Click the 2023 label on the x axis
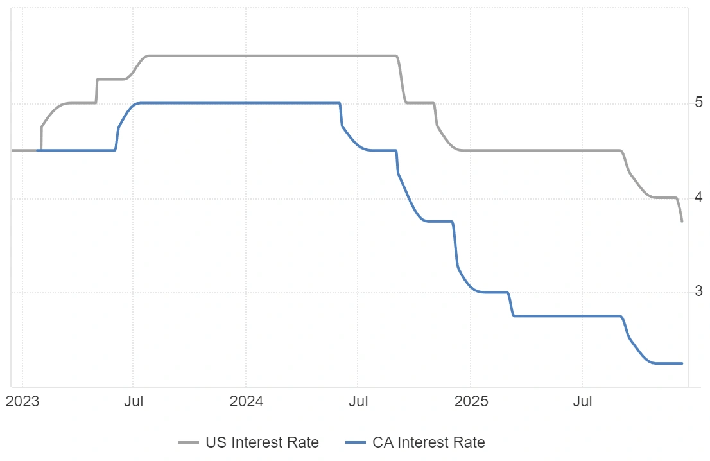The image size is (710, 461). tap(22, 403)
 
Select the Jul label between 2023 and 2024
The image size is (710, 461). tap(133, 403)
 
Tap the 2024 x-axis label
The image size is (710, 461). tap(246, 403)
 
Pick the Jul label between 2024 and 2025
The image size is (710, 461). tap(358, 403)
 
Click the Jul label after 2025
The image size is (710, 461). tap(582, 403)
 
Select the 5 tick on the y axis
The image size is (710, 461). tap(699, 103)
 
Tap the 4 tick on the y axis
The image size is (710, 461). tap(699, 198)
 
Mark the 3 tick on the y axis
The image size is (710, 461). tap(699, 292)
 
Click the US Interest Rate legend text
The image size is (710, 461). tap(262, 442)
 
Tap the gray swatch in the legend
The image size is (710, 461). tap(189, 442)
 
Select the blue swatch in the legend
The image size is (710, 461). tap(356, 442)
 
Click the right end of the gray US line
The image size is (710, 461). tap(682, 221)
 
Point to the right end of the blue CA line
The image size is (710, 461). tap(682, 363)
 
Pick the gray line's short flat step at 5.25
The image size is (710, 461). tap(110, 80)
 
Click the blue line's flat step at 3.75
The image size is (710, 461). tap(440, 222)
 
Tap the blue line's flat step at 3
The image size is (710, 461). tap(494, 293)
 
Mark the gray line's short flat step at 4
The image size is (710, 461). tap(664, 198)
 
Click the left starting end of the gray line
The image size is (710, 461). tap(12, 150)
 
